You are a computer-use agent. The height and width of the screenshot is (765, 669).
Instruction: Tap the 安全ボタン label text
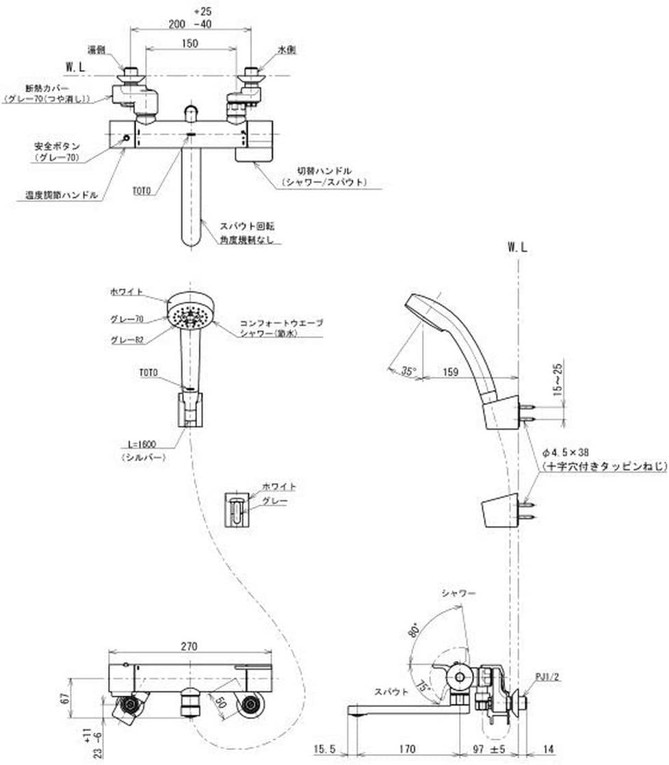57,146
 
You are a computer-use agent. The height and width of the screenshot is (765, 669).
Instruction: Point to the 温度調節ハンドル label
58,195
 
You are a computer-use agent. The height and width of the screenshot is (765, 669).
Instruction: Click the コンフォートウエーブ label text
280,322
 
